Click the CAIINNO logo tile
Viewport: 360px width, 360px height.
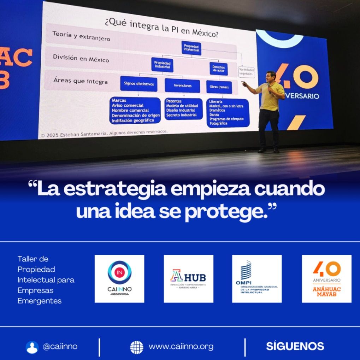tap(119, 279)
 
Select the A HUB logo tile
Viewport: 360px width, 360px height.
tap(188, 279)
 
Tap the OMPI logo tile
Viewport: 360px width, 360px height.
tap(257, 279)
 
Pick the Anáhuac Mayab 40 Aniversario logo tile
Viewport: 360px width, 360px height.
tap(326, 279)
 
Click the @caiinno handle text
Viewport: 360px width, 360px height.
tap(60, 347)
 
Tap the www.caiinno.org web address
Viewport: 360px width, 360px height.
tap(181, 347)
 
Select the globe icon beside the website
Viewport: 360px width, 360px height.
tap(137, 347)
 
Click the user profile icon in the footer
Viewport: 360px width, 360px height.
tap(32, 347)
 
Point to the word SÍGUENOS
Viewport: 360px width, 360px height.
tap(295, 346)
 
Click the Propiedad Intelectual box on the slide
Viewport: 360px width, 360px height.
tap(191, 48)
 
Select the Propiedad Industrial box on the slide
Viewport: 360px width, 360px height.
tap(162, 65)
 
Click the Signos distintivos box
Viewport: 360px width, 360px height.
tap(138, 84)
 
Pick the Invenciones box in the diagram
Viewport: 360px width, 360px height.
tap(182, 85)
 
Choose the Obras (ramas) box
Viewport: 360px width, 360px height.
tap(219, 87)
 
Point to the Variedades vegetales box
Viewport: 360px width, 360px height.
tap(247, 72)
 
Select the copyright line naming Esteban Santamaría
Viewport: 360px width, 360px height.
tap(104, 133)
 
